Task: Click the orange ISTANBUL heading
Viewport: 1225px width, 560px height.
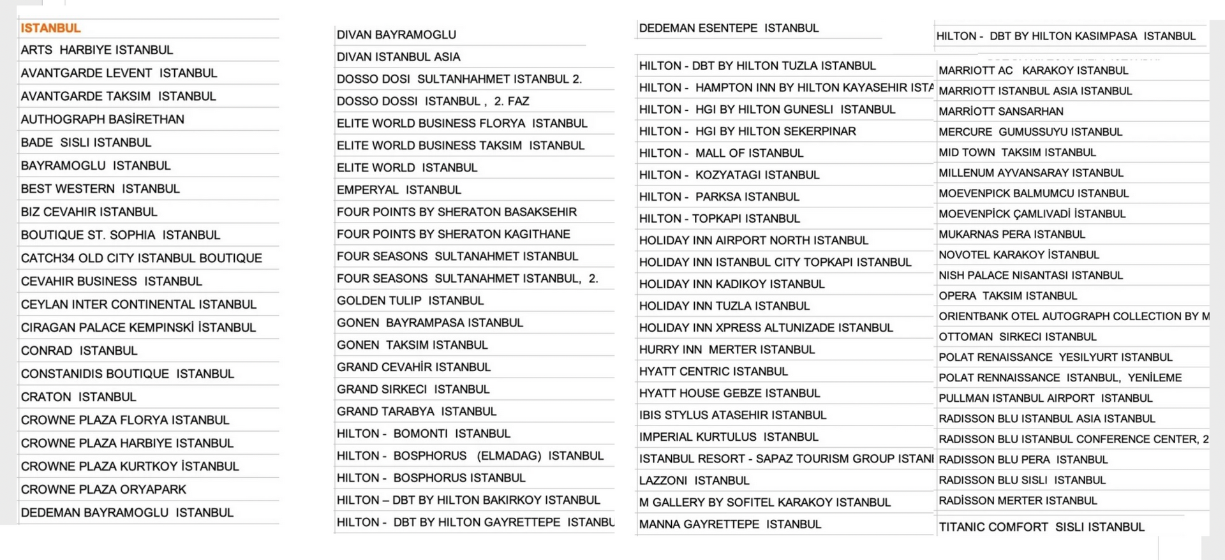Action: [50, 28]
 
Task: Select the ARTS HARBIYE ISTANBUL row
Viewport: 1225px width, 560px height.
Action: [96, 50]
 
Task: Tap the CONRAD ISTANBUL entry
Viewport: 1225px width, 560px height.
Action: [79, 351]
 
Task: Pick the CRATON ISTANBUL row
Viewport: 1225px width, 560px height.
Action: [78, 397]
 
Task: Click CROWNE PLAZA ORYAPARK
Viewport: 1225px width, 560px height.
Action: [103, 489]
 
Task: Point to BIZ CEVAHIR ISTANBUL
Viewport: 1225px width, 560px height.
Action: [89, 212]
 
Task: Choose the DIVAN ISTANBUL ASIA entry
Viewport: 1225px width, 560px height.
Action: [398, 57]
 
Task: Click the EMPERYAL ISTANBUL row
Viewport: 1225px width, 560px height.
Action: [399, 189]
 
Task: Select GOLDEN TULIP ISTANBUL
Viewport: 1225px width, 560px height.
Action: [410, 300]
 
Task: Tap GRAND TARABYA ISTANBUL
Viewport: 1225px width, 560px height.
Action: [416, 411]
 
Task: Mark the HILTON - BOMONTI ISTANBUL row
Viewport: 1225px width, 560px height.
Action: [424, 434]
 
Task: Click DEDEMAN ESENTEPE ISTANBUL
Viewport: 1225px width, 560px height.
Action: [729, 28]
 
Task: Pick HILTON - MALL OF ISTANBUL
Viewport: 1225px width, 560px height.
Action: [721, 153]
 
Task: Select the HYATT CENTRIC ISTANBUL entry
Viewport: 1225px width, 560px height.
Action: [713, 371]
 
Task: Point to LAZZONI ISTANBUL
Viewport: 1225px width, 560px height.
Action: [694, 480]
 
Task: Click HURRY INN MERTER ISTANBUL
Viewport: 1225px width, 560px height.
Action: [727, 350]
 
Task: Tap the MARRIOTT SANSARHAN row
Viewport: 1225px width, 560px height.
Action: [1000, 111]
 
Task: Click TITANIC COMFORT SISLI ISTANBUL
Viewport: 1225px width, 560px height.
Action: [1041, 527]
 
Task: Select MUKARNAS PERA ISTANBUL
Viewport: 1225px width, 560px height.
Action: [1011, 234]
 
